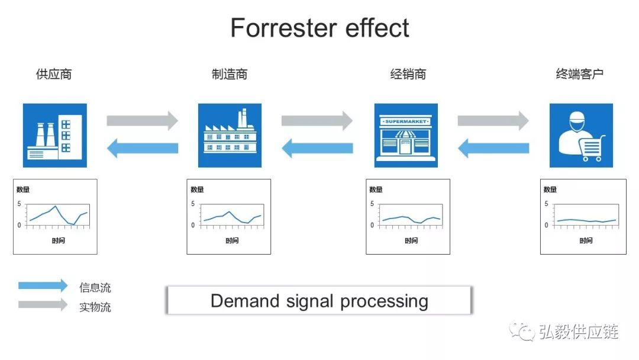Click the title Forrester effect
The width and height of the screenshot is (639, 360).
pos(319,28)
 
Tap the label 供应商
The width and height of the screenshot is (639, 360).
pos(54,74)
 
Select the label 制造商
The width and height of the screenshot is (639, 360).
pos(230,74)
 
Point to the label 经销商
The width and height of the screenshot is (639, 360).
pos(408,74)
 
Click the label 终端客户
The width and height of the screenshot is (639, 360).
pos(580,74)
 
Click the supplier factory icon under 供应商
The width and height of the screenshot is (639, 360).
pos(55,136)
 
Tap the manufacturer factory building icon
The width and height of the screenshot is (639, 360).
pos(230,136)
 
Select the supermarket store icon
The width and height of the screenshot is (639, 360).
pos(406,136)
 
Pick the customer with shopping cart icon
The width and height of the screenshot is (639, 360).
pos(581,136)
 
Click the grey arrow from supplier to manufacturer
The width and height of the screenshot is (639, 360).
pos(142,121)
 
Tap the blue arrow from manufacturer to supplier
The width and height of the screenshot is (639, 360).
pos(142,147)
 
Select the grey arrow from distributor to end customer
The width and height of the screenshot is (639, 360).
pos(493,121)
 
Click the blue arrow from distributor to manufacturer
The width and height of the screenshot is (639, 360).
pos(317,147)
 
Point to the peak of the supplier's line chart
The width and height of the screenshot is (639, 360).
pos(55,206)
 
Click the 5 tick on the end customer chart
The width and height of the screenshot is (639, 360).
pos(546,204)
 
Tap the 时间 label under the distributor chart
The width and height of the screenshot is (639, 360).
pos(411,240)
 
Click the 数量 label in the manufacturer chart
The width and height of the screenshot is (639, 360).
pos(197,189)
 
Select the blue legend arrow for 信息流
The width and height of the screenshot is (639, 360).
pos(43,285)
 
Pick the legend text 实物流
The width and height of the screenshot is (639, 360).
pos(95,307)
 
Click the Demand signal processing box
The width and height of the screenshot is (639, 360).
pos(319,301)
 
